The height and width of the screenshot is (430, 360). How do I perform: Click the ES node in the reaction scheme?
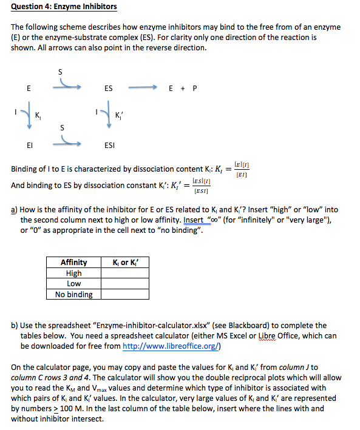click(x=108, y=89)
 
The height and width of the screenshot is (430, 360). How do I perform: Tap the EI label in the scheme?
click(x=29, y=146)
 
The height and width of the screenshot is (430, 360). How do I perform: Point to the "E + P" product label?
click(x=182, y=89)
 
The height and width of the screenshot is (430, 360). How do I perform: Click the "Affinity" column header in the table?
click(x=73, y=262)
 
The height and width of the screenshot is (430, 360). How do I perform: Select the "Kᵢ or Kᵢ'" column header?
click(x=124, y=262)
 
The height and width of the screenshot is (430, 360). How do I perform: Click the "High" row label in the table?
click(x=73, y=273)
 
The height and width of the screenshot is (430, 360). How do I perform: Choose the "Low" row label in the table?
click(x=73, y=283)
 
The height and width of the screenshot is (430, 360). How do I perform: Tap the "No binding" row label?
click(x=73, y=294)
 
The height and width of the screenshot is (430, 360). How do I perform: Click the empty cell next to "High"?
click(x=124, y=273)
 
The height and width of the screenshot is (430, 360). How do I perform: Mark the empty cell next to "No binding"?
click(x=124, y=294)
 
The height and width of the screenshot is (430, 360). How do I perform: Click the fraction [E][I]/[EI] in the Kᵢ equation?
click(x=242, y=169)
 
